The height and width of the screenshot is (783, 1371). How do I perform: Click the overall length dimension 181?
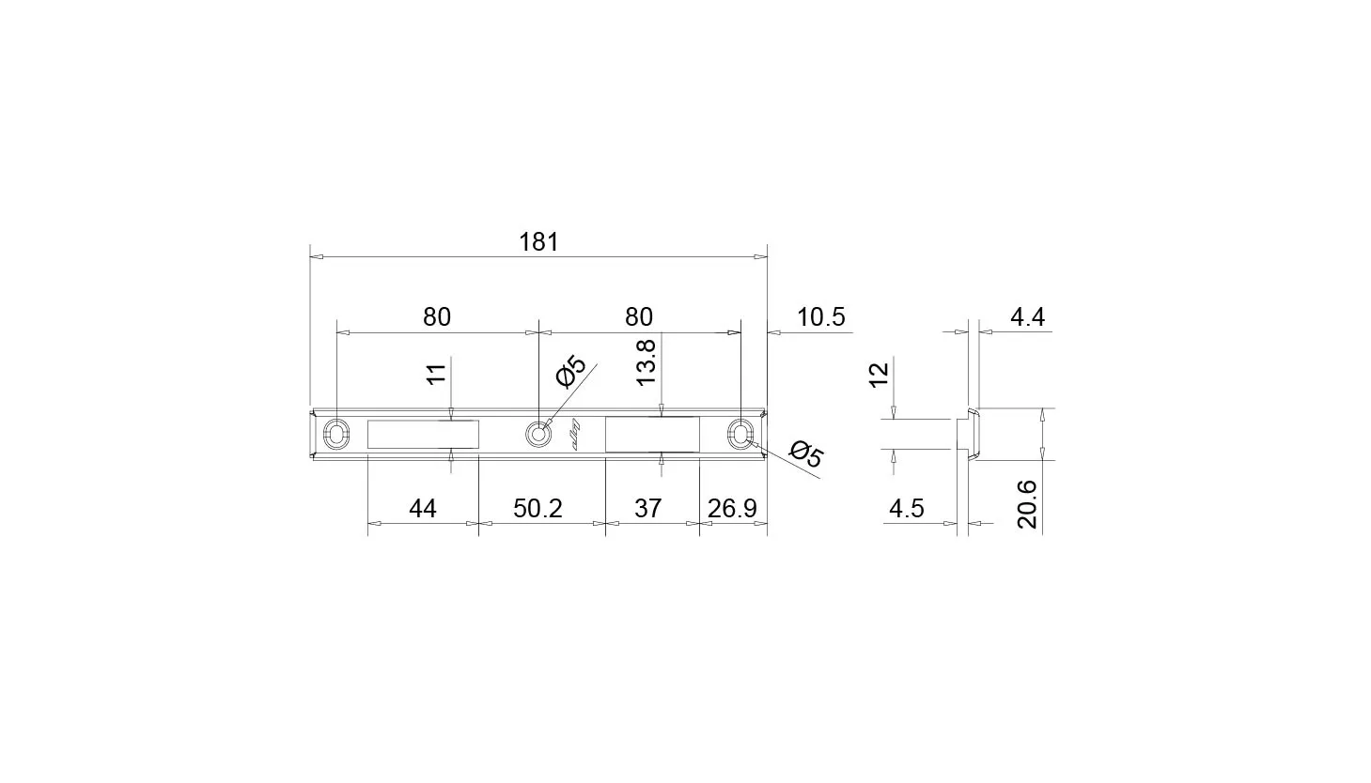[538, 242]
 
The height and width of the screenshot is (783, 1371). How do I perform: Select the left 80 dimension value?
[437, 317]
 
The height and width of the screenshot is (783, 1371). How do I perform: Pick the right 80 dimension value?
[639, 317]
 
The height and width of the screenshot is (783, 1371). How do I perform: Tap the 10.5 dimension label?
[820, 317]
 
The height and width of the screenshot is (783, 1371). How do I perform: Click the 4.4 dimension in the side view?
[1028, 317]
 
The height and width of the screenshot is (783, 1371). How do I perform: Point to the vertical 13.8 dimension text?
[647, 362]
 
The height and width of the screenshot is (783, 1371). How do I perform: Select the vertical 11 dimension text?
[436, 374]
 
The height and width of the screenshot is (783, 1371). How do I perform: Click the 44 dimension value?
[422, 508]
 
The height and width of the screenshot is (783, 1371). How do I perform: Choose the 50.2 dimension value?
[537, 508]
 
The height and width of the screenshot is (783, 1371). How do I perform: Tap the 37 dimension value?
[648, 508]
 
